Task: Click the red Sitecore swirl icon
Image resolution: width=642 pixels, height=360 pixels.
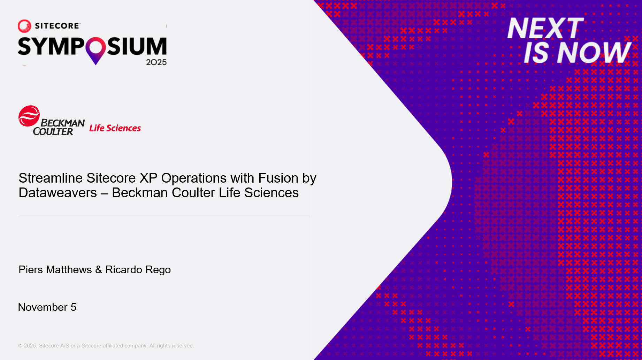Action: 24,26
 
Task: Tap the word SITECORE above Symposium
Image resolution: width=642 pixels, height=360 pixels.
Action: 58,26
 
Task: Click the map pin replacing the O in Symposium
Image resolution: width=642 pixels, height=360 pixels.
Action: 95,49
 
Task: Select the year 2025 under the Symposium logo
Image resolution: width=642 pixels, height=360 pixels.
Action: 156,62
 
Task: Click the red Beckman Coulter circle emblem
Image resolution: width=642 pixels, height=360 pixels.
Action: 29,116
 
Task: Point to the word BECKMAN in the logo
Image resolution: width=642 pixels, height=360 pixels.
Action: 63,123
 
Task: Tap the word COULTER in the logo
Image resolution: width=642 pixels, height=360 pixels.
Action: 53,132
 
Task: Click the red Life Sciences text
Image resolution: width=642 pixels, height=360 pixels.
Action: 115,128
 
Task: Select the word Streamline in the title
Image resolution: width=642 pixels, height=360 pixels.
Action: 51,178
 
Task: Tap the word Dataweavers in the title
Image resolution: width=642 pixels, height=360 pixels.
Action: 58,193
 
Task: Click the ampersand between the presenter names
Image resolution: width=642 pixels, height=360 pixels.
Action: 99,270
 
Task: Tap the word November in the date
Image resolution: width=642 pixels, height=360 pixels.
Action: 43,307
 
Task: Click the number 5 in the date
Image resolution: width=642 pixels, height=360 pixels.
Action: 73,307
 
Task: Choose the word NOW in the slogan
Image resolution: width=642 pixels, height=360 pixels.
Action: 594,53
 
